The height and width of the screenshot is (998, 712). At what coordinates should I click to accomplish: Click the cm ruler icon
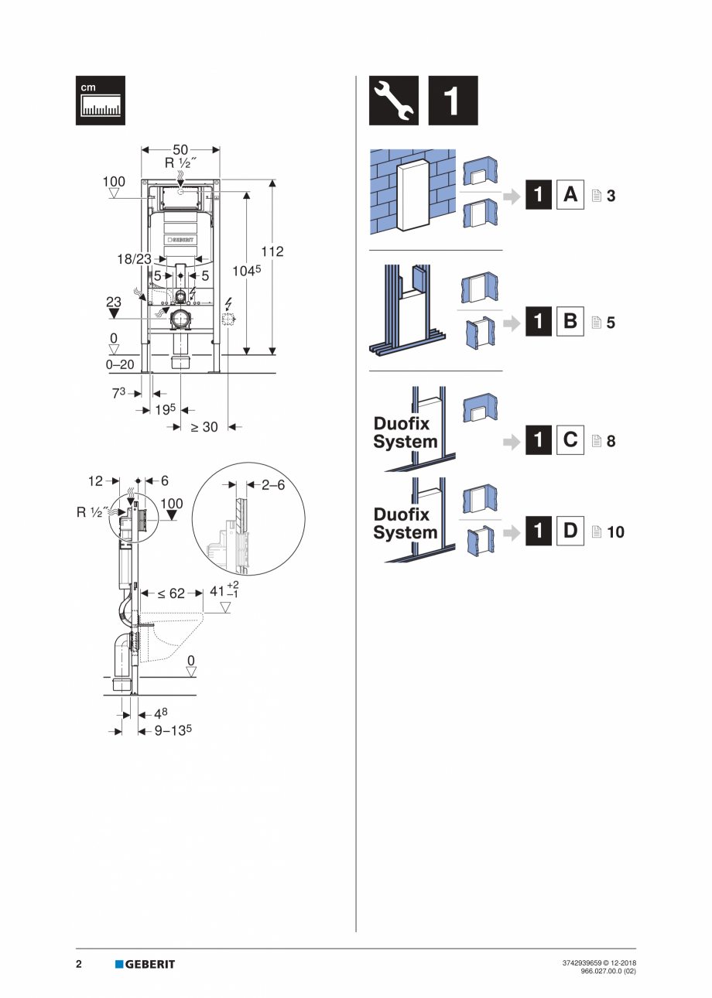point(100,101)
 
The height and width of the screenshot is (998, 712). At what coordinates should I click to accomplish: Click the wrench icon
point(393,101)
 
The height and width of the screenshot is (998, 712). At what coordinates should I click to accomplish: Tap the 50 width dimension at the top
point(180,149)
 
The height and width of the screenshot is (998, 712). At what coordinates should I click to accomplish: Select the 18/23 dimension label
point(134,259)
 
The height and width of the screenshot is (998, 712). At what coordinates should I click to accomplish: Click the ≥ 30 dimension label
point(204,427)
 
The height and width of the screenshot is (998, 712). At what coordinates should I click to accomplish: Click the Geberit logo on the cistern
point(180,239)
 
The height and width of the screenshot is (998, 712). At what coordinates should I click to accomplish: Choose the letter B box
point(570,320)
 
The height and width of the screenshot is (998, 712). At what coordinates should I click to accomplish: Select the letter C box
point(570,441)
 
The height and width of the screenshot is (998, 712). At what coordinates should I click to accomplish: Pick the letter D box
point(570,531)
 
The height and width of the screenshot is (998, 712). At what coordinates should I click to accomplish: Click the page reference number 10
point(616,532)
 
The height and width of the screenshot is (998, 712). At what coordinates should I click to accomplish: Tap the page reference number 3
point(611,197)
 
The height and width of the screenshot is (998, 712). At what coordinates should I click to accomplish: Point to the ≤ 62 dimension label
point(171,593)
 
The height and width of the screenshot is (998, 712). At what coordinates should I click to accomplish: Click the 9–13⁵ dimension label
point(172,730)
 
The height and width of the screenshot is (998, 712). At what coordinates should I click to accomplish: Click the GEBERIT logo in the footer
point(145,964)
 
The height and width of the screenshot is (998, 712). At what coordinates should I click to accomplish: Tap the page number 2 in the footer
point(79,964)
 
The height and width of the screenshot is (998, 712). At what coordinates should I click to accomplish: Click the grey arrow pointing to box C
point(511,442)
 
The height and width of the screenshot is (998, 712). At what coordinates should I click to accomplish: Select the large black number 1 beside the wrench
point(453,101)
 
